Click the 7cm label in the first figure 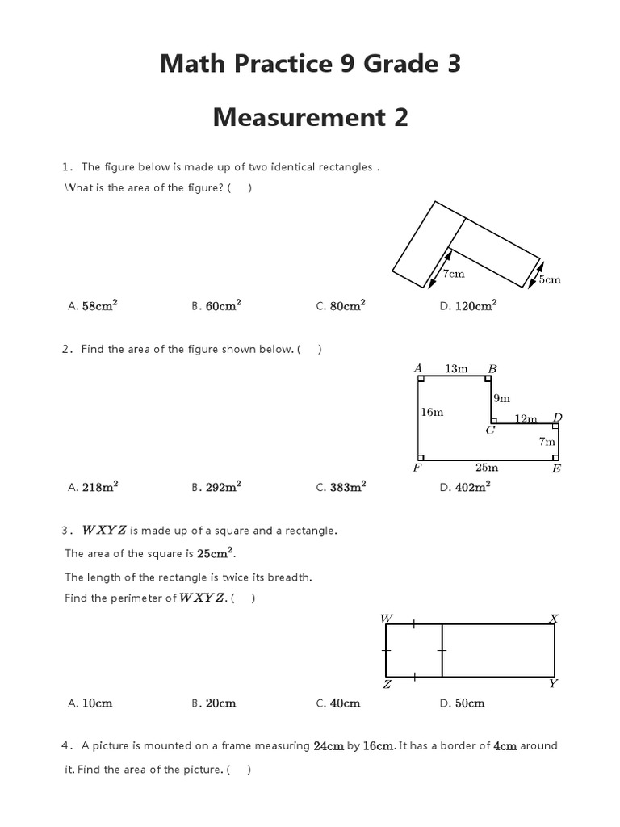pyautogui.click(x=454, y=274)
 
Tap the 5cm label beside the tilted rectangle pyautogui.click(x=550, y=279)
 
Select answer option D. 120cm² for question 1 pyautogui.click(x=468, y=306)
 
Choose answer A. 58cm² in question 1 pyautogui.click(x=94, y=306)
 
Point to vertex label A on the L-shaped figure pyautogui.click(x=418, y=368)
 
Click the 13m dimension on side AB pyautogui.click(x=456, y=368)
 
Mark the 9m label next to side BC pyautogui.click(x=501, y=397)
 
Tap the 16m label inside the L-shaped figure pyautogui.click(x=432, y=412)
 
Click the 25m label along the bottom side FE pyautogui.click(x=487, y=467)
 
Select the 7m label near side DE pyautogui.click(x=547, y=441)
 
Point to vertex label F pyautogui.click(x=417, y=468)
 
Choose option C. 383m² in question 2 pyautogui.click(x=341, y=487)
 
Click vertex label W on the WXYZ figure pyautogui.click(x=387, y=619)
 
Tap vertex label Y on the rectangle pyautogui.click(x=554, y=683)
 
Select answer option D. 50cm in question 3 pyautogui.click(x=463, y=703)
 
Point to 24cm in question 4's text pyautogui.click(x=329, y=746)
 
